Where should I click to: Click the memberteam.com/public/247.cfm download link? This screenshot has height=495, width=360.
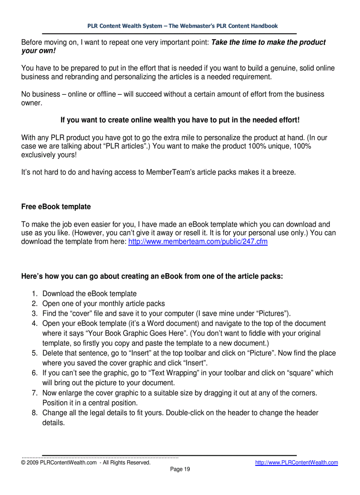[x=198, y=242]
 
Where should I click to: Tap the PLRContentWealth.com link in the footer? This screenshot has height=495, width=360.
[x=296, y=462]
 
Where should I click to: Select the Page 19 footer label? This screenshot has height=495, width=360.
[x=180, y=469]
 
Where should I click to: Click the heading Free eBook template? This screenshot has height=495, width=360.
[x=56, y=207]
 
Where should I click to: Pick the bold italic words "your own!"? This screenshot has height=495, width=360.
[x=39, y=51]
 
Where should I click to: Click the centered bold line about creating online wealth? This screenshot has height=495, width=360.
[x=180, y=120]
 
